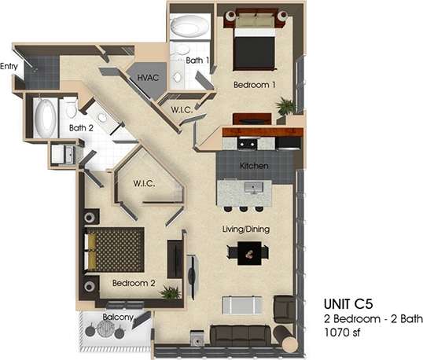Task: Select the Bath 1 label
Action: pyautogui.click(x=197, y=61)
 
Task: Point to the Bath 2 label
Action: pyautogui.click(x=81, y=127)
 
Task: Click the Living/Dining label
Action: pyautogui.click(x=248, y=229)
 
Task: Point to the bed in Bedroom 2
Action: pyautogui.click(x=116, y=249)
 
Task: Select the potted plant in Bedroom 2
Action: pyautogui.click(x=170, y=292)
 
